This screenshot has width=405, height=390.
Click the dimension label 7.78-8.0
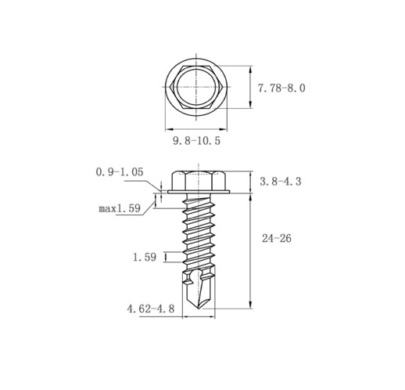click(x=281, y=88)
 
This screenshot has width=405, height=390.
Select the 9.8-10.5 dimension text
click(x=197, y=141)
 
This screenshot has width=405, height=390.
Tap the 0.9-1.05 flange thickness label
click(x=120, y=172)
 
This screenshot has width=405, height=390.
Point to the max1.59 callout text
click(x=120, y=208)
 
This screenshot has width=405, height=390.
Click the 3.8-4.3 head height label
click(x=281, y=182)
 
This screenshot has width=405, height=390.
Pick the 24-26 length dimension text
click(x=277, y=238)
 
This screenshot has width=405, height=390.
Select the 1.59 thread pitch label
click(x=145, y=257)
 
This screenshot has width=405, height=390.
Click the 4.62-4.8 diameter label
click(x=151, y=309)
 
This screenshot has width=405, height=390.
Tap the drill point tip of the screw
click(x=199, y=309)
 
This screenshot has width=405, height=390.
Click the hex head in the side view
click(x=199, y=181)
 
